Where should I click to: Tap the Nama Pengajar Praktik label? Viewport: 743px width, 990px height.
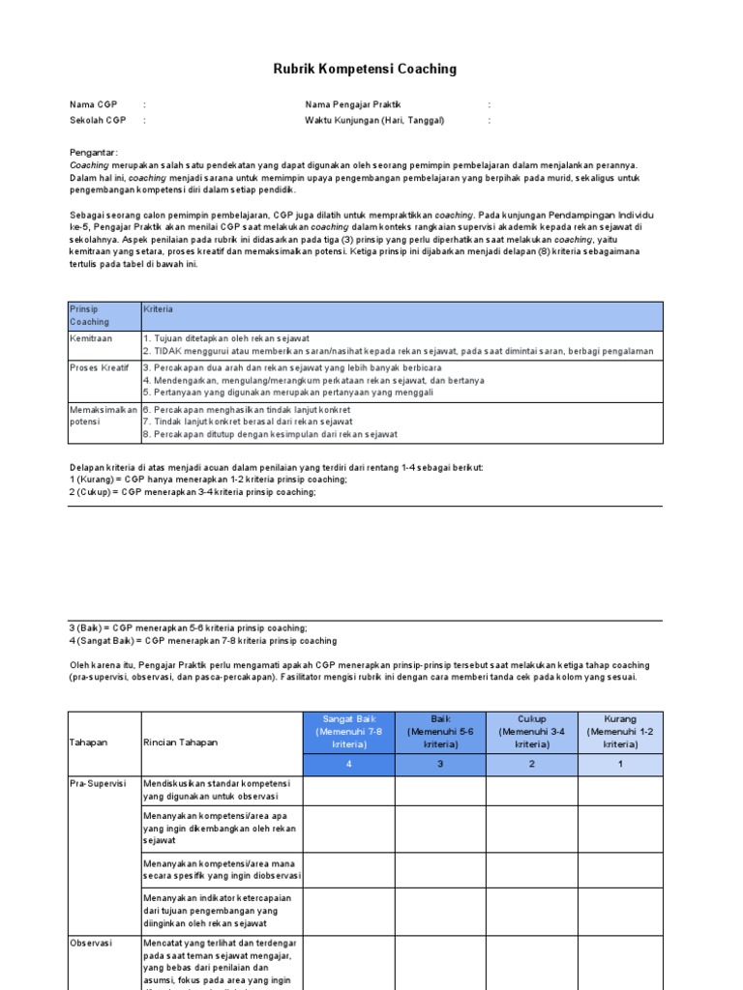[352, 104]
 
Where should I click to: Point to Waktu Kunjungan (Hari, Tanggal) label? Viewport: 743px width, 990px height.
[374, 121]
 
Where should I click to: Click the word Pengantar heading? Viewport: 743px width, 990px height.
[94, 153]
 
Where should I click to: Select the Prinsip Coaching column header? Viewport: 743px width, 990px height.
[90, 315]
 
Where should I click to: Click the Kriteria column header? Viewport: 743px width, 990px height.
[159, 309]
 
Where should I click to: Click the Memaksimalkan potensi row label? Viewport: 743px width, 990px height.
[104, 416]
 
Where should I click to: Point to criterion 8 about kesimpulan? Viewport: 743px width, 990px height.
[270, 435]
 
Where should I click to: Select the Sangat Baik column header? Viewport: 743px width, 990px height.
[348, 732]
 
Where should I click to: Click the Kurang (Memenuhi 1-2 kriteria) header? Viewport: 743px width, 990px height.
[620, 732]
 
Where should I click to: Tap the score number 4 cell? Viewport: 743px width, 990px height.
[348, 765]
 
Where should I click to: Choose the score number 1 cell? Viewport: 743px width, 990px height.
[620, 765]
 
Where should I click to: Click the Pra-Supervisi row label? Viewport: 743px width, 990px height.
[98, 784]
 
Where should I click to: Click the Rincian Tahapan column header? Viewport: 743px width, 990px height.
[180, 742]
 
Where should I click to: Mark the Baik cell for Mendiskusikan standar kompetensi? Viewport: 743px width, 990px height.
[439, 790]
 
